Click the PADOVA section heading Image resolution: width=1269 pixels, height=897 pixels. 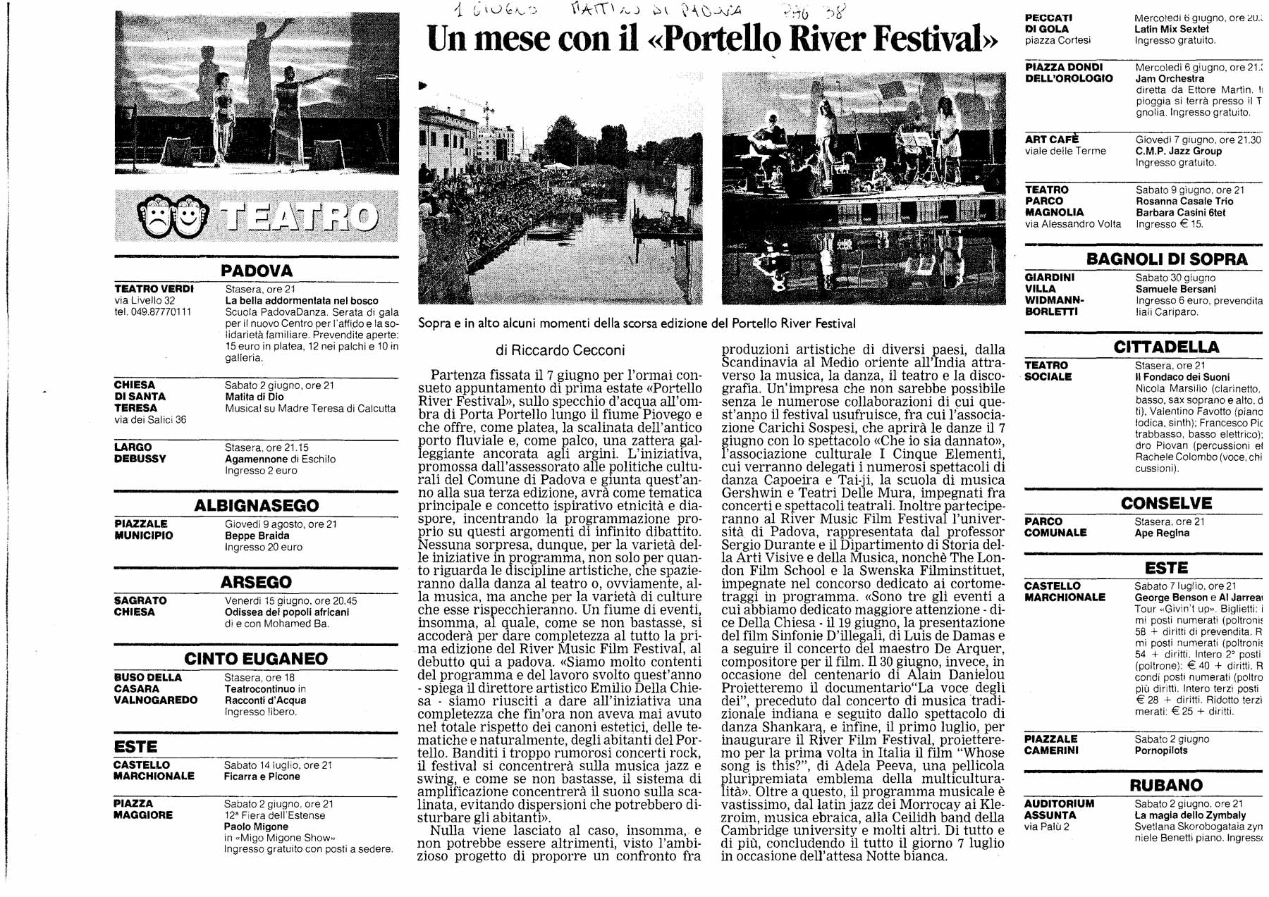256,271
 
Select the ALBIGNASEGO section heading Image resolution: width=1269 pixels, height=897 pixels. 256,505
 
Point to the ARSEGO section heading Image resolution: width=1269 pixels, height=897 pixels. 256,582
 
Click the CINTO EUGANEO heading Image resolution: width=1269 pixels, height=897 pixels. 256,659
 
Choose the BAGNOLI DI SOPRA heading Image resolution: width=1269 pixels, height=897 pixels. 1167,259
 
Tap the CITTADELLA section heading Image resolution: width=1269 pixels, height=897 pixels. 1166,347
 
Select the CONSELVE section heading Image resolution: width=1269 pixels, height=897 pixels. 1166,503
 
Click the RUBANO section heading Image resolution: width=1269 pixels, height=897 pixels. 1166,785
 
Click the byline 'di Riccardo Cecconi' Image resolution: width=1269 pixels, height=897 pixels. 560,350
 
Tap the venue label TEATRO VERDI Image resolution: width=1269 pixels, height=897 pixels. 154,289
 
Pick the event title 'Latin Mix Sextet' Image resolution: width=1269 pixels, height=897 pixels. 1171,29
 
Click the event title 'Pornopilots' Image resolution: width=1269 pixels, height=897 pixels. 1160,750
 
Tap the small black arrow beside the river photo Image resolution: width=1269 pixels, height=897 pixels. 423,86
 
